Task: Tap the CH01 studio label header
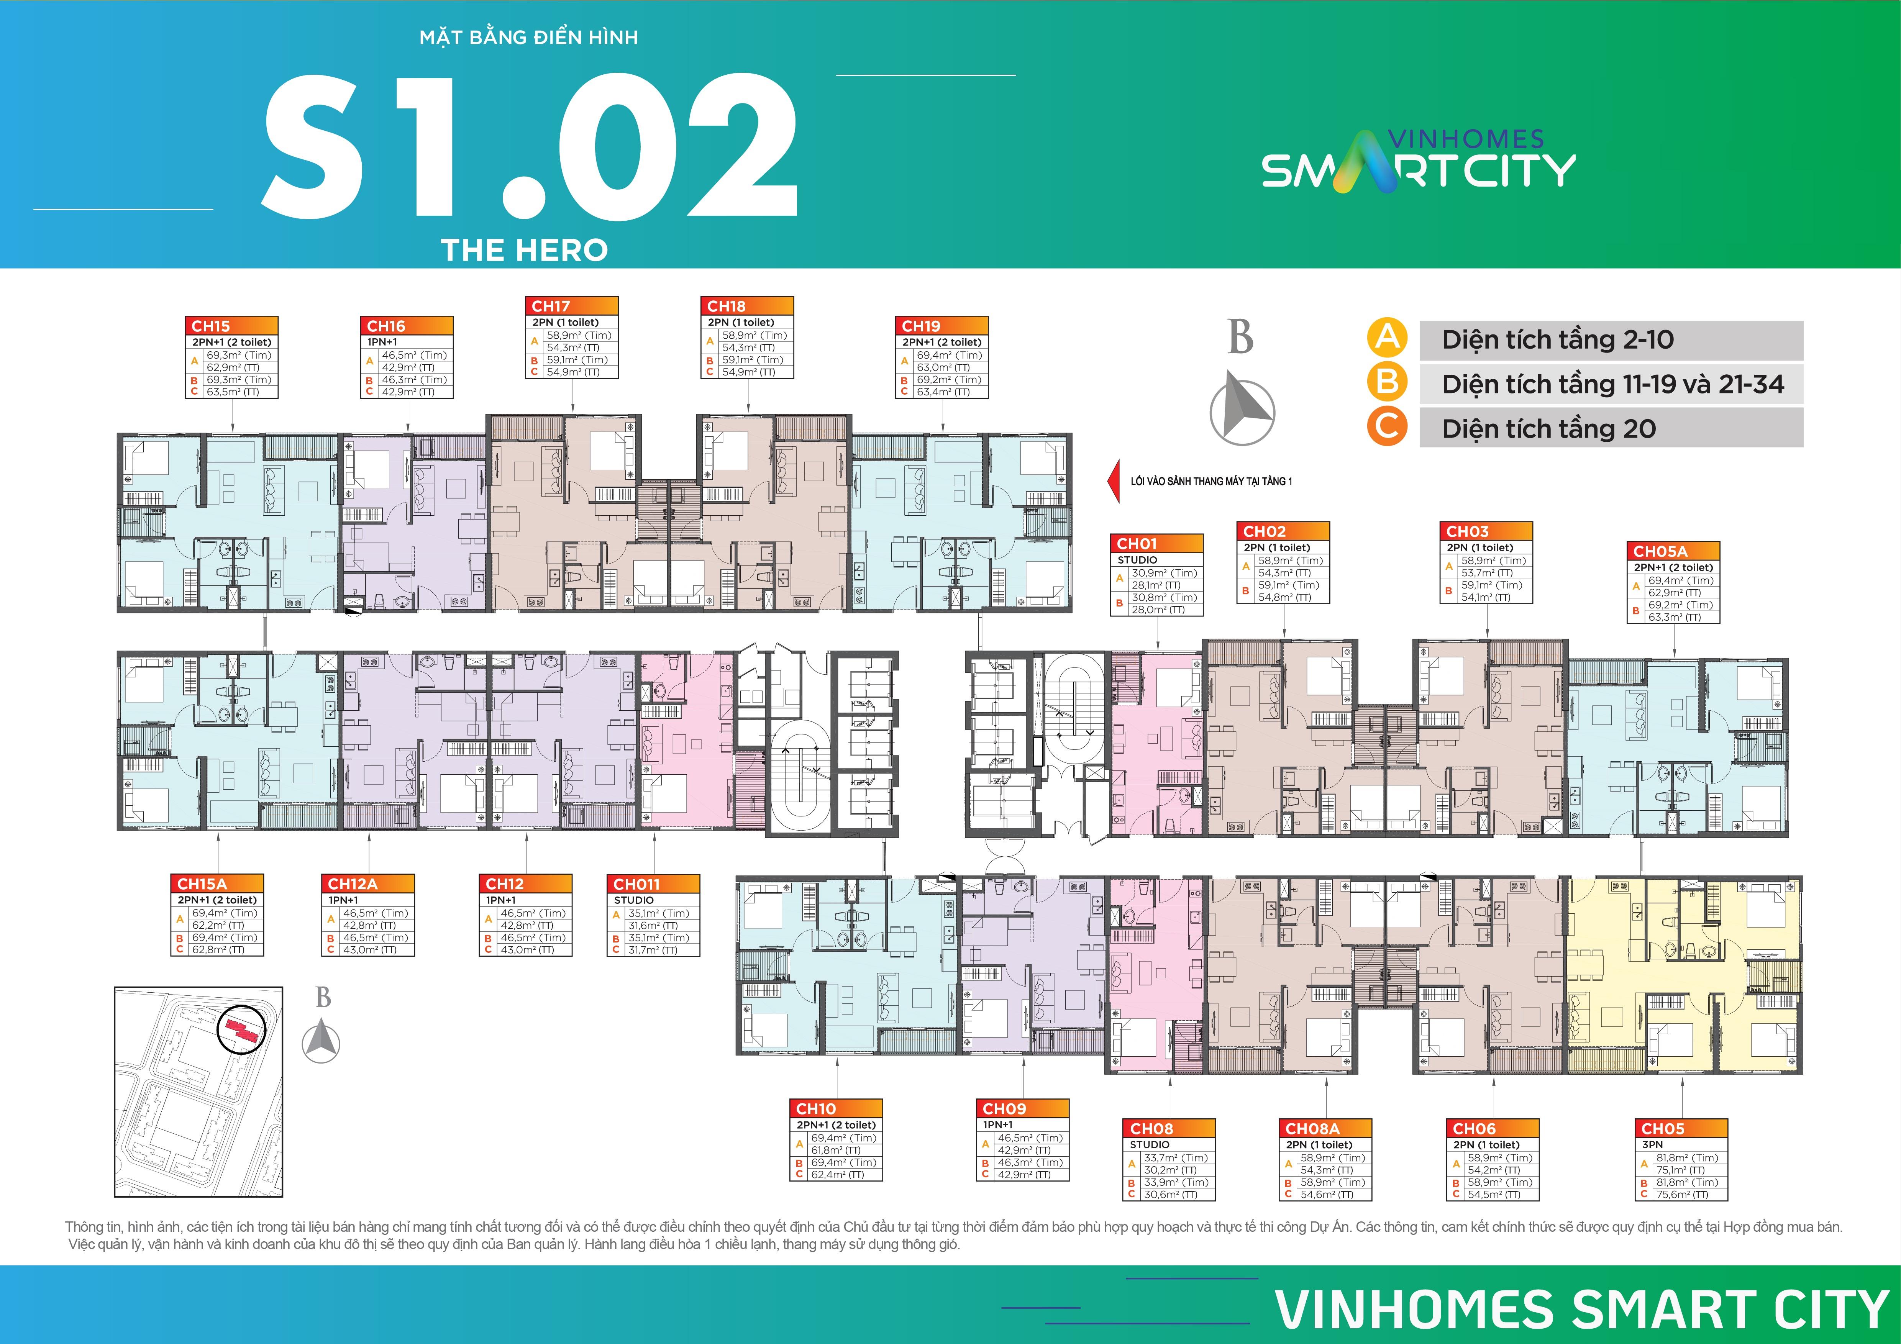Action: point(1156,544)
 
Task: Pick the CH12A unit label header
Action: point(367,884)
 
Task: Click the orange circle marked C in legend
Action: point(1387,428)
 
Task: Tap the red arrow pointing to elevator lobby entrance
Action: point(1114,481)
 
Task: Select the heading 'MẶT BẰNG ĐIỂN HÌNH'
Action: point(528,37)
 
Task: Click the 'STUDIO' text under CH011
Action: point(634,900)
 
